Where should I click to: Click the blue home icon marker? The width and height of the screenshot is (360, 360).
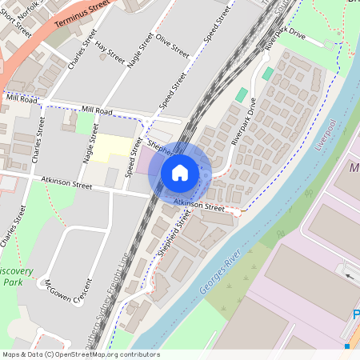point(180,172)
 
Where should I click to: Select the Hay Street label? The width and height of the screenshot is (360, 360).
point(110,54)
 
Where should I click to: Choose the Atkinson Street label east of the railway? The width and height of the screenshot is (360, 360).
point(199,205)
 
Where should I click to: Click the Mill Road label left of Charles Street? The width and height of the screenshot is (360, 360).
point(22,98)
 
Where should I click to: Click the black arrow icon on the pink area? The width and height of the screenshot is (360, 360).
point(350,276)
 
